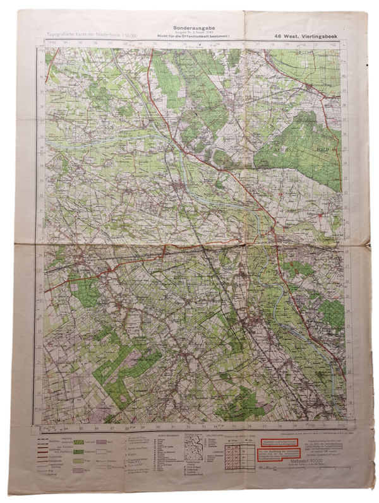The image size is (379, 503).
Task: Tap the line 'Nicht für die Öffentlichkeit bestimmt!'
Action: tap(189, 38)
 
